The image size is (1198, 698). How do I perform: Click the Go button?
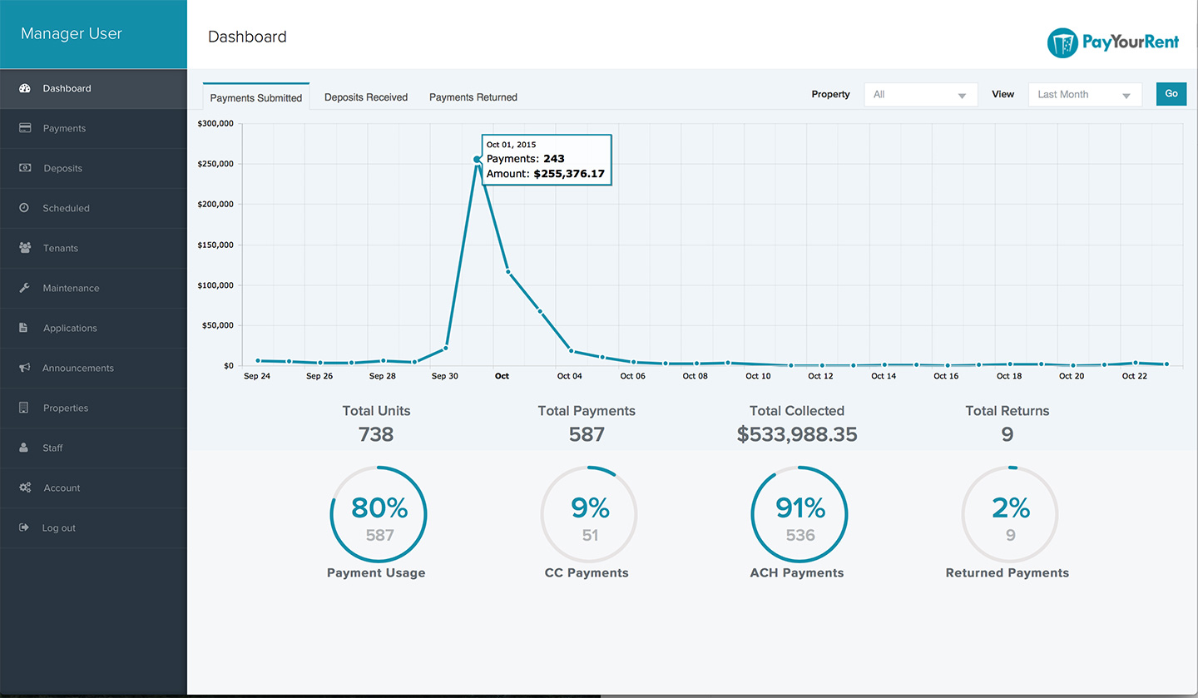coord(1171,94)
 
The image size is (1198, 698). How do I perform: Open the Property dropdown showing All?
coord(920,95)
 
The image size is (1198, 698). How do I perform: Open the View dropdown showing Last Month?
coord(1085,95)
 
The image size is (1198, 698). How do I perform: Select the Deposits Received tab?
coord(366,97)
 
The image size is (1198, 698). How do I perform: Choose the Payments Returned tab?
coord(473,97)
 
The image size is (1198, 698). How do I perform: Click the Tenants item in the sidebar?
coord(61,248)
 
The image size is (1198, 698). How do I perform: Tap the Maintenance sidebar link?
coord(72,289)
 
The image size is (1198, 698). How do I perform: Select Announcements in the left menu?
coord(78,368)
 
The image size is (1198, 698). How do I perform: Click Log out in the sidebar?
coord(59,528)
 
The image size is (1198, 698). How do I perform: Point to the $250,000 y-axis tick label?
coord(215,164)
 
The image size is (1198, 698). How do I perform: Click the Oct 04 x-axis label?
coord(570,376)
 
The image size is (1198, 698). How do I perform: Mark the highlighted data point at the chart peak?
coord(477,160)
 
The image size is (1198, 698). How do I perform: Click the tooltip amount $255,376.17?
coord(569,174)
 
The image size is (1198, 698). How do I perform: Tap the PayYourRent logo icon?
coord(1062,42)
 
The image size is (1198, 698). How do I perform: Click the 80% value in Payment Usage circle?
coord(379,507)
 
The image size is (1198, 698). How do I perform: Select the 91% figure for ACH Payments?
coord(800,507)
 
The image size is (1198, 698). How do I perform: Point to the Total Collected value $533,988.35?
coord(797,434)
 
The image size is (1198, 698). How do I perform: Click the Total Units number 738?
coord(376,434)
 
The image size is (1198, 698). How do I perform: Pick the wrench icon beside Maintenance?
coord(24,288)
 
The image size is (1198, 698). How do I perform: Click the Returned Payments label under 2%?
coord(1007,573)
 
